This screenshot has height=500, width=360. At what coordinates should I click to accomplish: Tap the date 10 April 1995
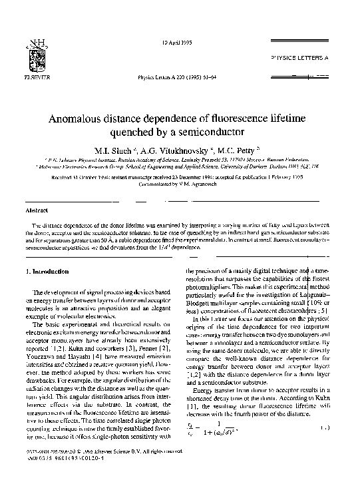[x=178, y=44]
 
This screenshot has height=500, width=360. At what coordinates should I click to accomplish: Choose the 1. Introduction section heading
[x=47, y=272]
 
